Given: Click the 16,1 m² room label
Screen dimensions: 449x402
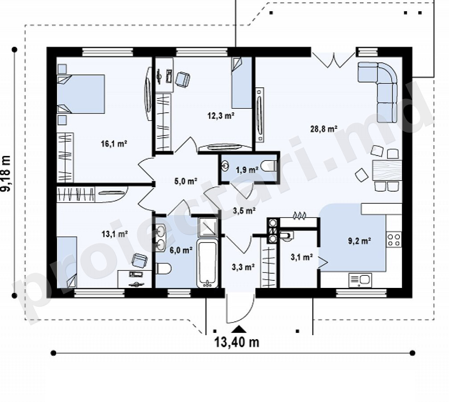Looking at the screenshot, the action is point(114,144).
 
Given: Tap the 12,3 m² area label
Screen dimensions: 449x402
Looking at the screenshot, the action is point(221,116).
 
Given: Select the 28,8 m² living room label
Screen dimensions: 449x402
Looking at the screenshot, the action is point(323,129).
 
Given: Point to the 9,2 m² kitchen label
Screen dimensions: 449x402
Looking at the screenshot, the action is point(359,241).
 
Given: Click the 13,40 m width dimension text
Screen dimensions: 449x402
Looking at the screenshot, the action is point(237,342).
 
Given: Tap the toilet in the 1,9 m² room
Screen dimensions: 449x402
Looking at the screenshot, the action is point(269,166).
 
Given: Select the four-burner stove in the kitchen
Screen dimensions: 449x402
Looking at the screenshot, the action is point(394,240).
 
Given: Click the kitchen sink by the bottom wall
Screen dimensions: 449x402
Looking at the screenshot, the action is point(360,280).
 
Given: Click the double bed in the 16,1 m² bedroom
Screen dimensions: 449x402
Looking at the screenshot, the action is point(81,94).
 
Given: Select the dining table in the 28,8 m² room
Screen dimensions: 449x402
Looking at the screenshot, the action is point(387,170).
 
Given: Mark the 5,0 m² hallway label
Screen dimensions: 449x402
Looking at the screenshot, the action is point(186,181).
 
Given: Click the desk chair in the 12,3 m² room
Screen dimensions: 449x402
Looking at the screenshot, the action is point(183,79).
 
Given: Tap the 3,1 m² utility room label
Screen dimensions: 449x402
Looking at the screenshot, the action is point(302,257).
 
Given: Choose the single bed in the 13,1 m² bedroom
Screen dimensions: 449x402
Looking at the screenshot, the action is point(67,262).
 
